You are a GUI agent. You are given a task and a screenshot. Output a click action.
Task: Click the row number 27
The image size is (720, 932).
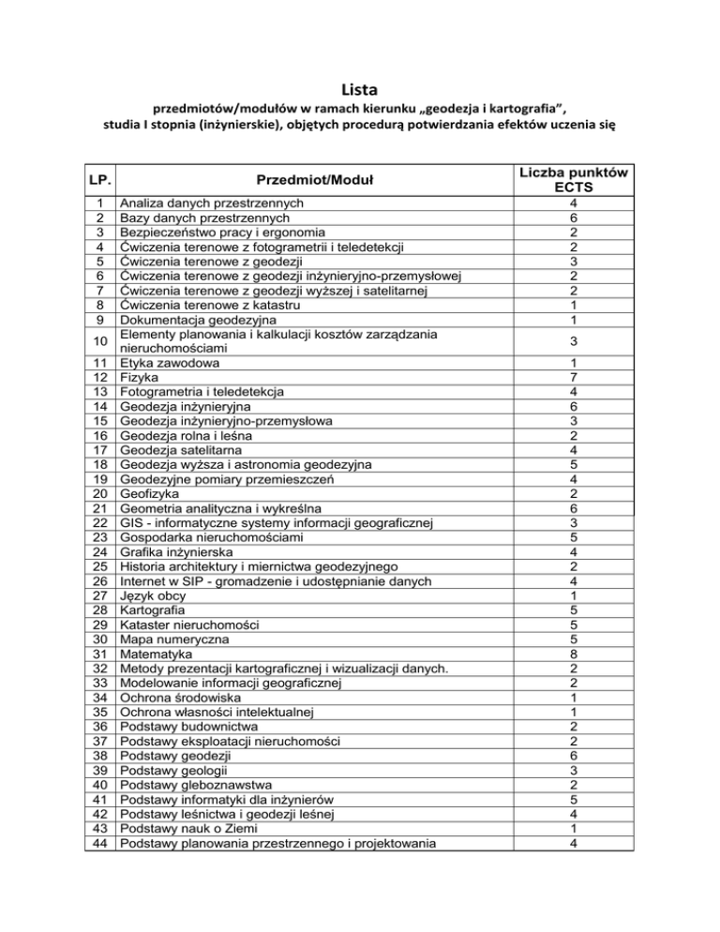101,594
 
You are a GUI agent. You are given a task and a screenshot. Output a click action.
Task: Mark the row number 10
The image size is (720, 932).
101,339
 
